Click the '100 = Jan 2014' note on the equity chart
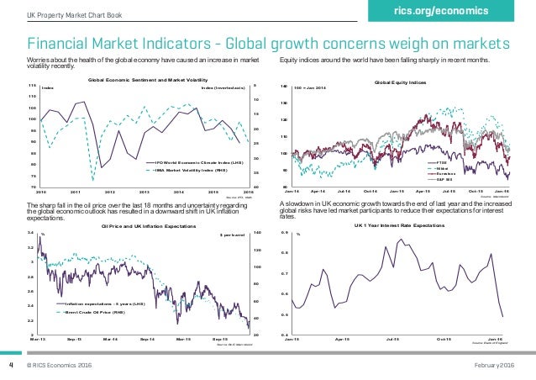click(x=327, y=88)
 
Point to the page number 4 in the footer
click(x=11, y=366)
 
